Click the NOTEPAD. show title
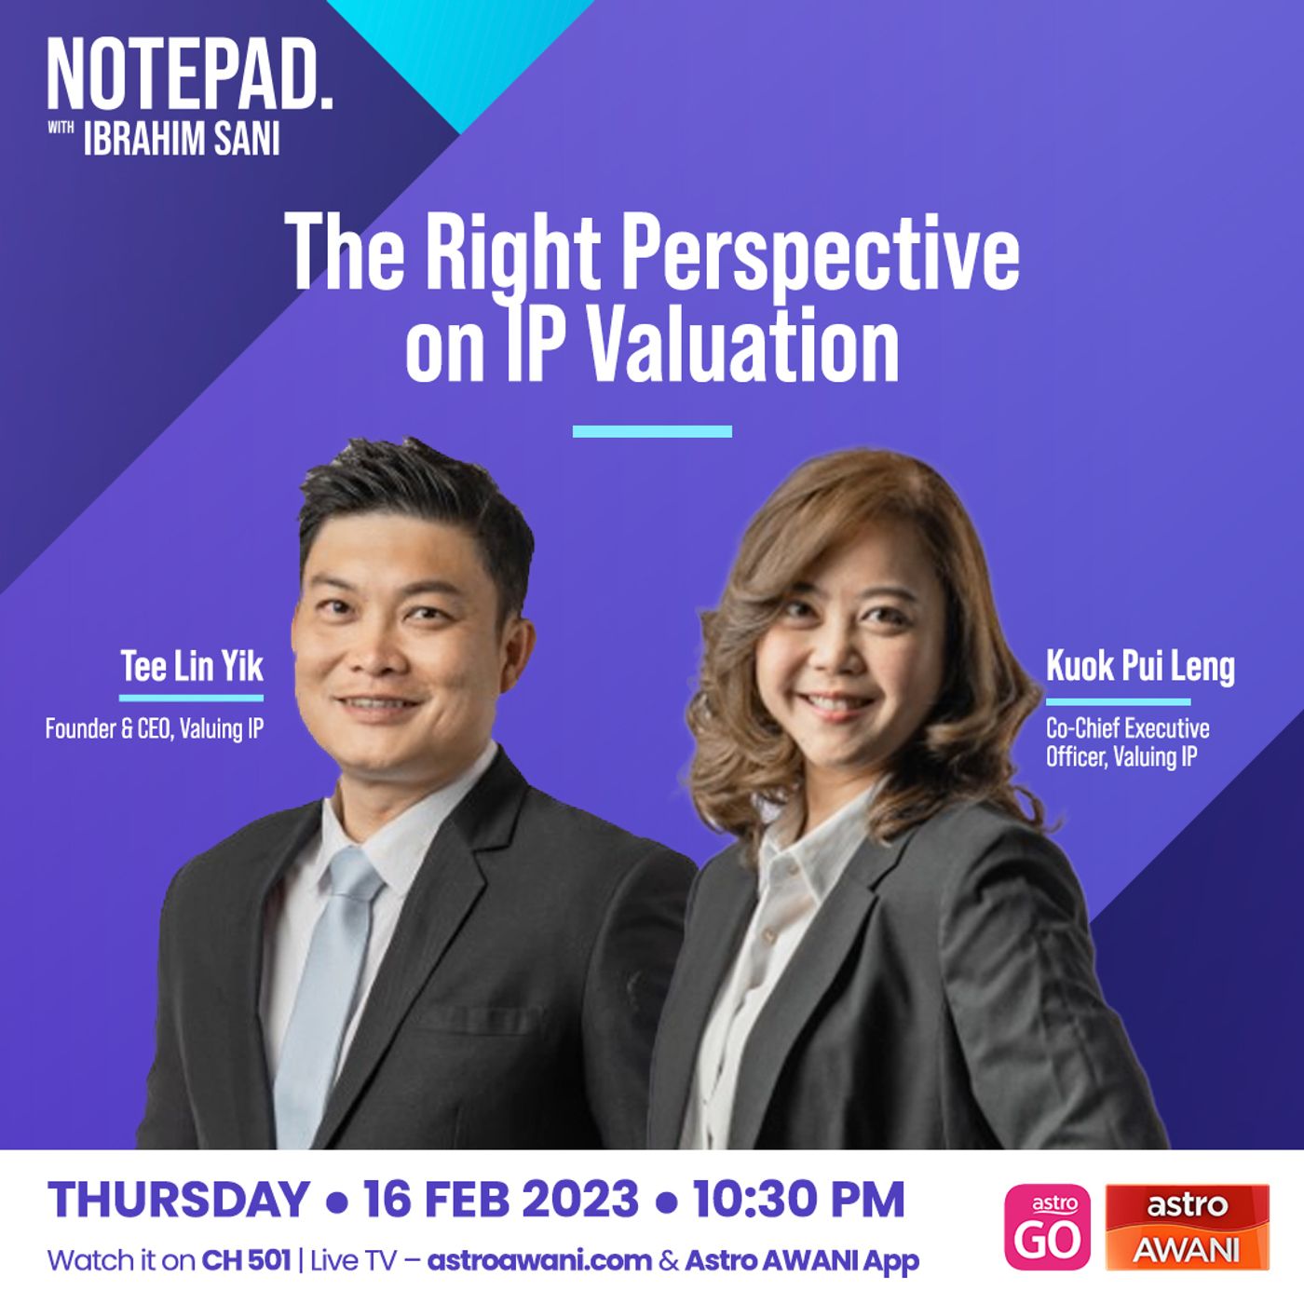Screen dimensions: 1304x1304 pos(190,75)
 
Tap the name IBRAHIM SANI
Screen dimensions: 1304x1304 pos(182,139)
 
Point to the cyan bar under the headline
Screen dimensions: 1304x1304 pos(652,431)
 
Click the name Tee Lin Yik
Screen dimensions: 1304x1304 pos(192,666)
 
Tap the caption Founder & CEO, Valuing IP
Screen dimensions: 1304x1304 pos(155,728)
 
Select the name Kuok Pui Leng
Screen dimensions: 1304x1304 pos(1140,667)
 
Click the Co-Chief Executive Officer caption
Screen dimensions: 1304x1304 pos(1128,741)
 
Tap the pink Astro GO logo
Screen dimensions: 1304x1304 pos(1048,1227)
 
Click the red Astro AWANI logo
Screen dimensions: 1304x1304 pos(1188,1227)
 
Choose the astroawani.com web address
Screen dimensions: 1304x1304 pos(539,1261)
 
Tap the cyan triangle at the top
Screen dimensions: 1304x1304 pos(460,48)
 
